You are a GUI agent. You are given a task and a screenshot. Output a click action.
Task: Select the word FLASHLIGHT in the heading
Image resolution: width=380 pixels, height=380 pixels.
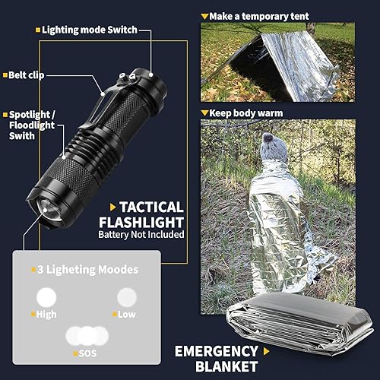141,222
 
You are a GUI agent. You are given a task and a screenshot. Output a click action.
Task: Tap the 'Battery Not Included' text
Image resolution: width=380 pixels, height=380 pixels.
141,235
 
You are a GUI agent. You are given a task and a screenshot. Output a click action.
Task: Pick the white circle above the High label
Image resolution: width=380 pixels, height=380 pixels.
48,297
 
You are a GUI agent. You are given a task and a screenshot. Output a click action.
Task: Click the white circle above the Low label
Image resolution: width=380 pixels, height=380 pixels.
126,296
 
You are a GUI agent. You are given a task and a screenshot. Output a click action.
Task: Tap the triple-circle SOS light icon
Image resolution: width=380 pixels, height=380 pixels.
87,335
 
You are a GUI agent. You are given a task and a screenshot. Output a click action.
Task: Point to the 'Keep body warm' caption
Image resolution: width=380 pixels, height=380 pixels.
245,112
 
